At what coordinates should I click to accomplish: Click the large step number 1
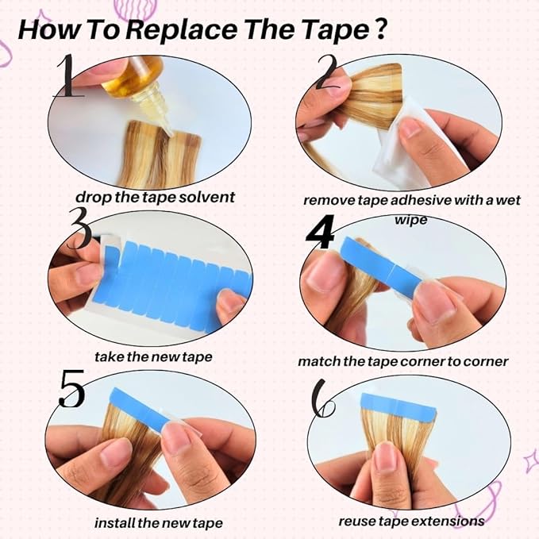click(67, 75)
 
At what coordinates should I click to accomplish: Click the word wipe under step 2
click(410, 220)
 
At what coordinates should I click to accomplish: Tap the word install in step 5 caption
click(115, 523)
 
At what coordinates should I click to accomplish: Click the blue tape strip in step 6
click(398, 406)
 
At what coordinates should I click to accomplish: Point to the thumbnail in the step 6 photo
click(386, 456)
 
